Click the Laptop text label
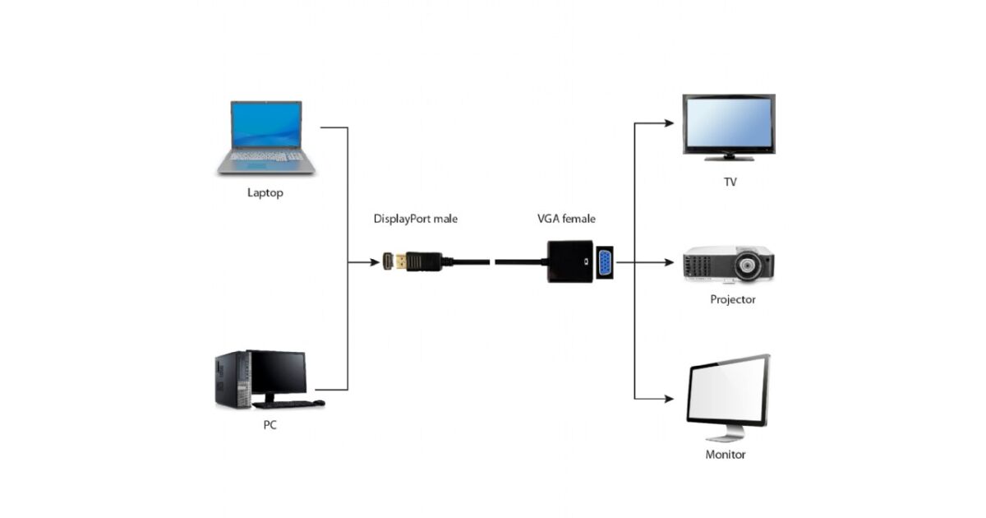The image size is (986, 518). [265, 193]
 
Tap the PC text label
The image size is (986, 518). [270, 426]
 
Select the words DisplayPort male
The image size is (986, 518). [415, 219]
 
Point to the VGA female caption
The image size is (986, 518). [566, 219]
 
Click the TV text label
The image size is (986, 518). [730, 182]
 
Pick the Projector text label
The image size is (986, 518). [732, 299]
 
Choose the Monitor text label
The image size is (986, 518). [726, 454]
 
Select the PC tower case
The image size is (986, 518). [231, 379]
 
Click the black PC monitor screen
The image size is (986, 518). [279, 372]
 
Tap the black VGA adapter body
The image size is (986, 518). [569, 262]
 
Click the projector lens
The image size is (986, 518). [747, 266]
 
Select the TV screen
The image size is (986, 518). [728, 122]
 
